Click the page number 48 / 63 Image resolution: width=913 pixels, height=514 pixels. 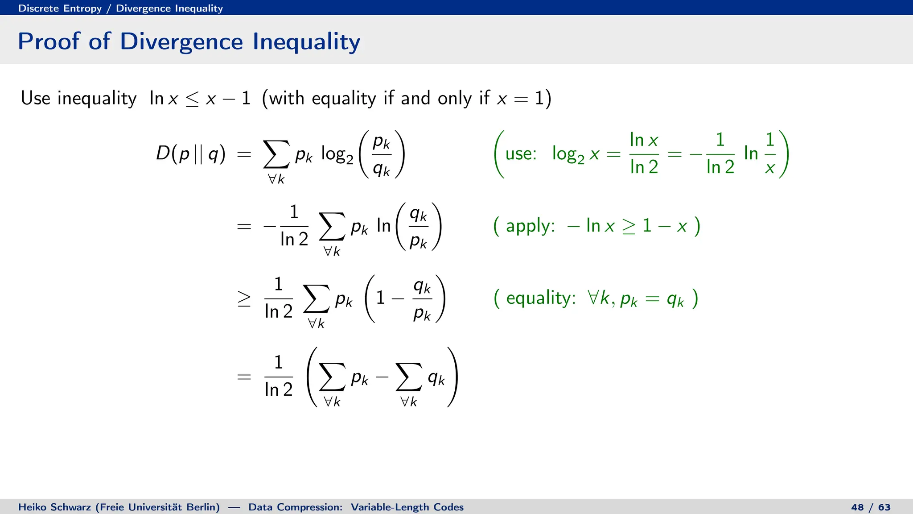pos(870,507)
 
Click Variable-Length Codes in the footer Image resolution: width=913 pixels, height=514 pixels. pos(407,507)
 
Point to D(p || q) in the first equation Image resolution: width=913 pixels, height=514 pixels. pos(190,154)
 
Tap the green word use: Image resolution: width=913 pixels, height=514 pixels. pos(520,154)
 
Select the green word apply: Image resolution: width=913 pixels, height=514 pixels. pos(530,226)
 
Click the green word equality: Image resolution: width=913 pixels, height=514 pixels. pos(541,298)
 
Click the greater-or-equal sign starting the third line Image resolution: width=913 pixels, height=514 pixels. pos(244,298)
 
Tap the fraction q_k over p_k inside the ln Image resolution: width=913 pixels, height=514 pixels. pos(418,227)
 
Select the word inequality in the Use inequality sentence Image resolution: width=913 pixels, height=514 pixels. pos(97,98)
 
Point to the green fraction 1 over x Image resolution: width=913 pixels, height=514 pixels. pos(770,154)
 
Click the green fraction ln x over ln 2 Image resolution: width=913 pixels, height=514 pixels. pos(644,154)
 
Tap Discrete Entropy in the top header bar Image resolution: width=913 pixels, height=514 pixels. pos(60,8)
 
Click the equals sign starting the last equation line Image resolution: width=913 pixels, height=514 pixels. pos(244,377)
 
